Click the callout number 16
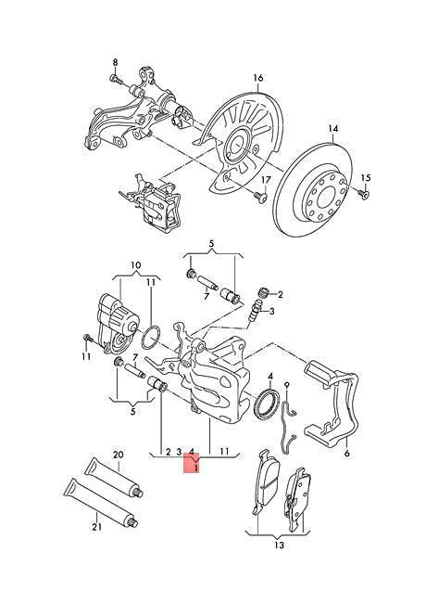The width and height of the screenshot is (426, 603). click(257, 78)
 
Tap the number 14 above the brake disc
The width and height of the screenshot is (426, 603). click(333, 129)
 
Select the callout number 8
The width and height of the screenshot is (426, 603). click(115, 62)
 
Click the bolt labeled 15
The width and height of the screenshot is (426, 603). click(364, 194)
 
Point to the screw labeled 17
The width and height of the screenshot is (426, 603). click(260, 198)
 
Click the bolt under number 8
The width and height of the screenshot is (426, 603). click(116, 79)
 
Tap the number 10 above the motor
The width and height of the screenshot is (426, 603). click(136, 265)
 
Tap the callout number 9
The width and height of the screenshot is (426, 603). click(286, 385)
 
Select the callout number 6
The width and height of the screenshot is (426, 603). click(347, 454)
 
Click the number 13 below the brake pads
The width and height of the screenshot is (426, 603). click(279, 545)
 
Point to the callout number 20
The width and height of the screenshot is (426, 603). click(118, 455)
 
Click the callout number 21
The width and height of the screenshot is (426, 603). click(96, 527)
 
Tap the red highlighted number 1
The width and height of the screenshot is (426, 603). click(196, 468)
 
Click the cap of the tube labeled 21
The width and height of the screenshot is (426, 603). click(132, 522)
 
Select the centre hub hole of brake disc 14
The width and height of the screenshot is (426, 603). click(325, 198)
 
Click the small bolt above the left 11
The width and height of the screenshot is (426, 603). click(87, 339)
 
